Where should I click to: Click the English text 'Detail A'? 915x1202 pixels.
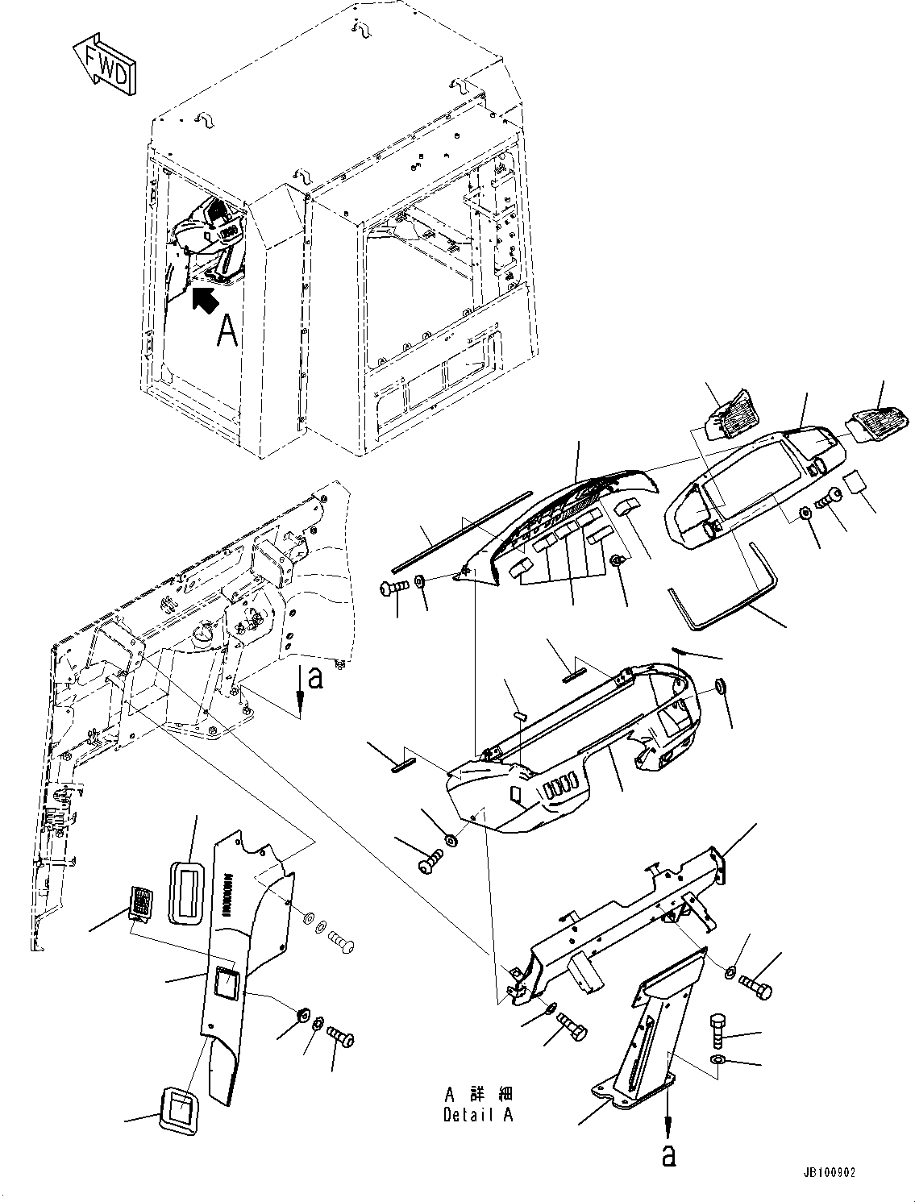(478, 1115)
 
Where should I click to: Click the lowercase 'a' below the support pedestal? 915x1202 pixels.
(668, 1154)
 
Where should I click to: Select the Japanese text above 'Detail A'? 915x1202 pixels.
(478, 1095)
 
